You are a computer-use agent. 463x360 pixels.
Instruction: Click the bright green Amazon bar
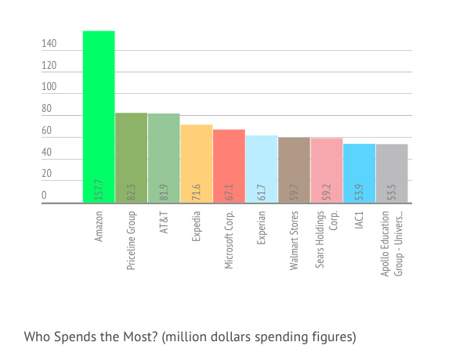click(99, 117)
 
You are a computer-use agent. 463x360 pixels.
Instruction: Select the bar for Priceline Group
click(131, 157)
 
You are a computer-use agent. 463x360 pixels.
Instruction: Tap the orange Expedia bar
click(197, 164)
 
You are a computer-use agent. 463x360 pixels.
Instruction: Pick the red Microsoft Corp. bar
click(229, 166)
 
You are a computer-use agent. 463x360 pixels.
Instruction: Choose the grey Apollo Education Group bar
click(392, 173)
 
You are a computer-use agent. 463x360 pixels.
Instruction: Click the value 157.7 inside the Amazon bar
click(99, 189)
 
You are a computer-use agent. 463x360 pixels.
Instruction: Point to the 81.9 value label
click(164, 193)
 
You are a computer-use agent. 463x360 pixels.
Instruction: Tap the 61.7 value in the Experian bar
click(262, 193)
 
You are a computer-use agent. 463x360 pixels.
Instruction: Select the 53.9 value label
click(359, 193)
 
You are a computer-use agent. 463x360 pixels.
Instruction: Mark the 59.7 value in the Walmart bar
click(294, 193)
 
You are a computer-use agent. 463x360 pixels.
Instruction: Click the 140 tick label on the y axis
click(49, 43)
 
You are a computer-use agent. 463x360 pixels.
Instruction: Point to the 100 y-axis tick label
click(49, 86)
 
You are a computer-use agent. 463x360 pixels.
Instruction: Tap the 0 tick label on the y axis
click(44, 195)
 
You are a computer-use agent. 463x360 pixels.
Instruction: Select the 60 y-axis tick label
click(47, 130)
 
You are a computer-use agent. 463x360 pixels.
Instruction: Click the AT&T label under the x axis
click(164, 222)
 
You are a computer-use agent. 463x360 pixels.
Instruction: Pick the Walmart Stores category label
click(294, 240)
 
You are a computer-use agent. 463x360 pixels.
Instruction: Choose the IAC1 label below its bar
click(359, 220)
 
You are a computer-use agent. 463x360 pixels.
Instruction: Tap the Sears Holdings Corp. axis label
click(326, 239)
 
